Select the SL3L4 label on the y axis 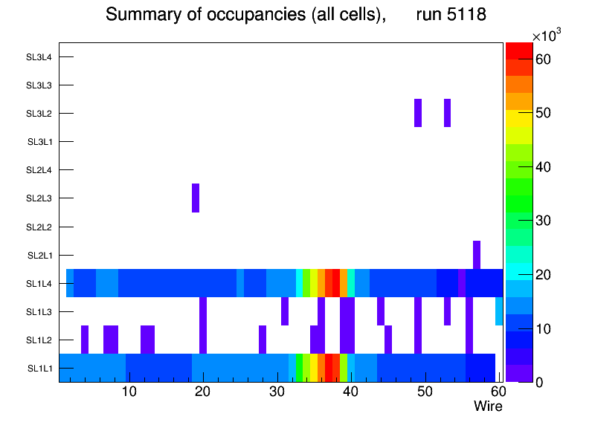tap(39, 57)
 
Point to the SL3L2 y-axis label tap(39, 114)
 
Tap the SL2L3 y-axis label tap(39, 198)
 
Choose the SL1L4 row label tap(39, 283)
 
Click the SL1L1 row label tap(39, 369)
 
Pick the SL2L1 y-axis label tap(39, 256)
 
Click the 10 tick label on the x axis tap(129, 392)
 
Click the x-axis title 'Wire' tap(488, 406)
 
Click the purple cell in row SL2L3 tap(196, 198)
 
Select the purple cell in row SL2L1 tap(477, 255)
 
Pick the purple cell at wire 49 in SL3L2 tap(418, 113)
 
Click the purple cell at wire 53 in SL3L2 tap(447, 113)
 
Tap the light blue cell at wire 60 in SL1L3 tap(499, 311)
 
